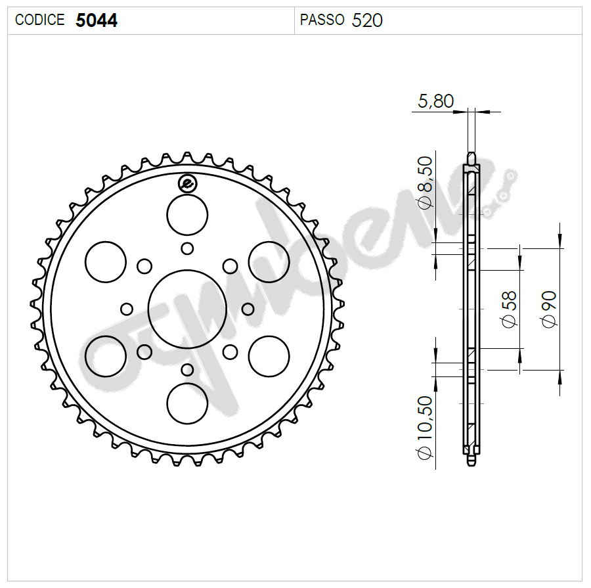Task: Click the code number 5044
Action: tap(97, 20)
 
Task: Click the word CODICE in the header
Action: tap(40, 20)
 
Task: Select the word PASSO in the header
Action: tap(322, 20)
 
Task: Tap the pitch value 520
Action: tap(367, 20)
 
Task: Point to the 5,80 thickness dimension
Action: tap(435, 101)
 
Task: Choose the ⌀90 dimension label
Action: tap(548, 309)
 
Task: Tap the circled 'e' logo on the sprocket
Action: tap(187, 184)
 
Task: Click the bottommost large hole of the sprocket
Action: tap(187, 403)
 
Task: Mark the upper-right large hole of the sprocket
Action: tap(269, 261)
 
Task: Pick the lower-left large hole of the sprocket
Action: tap(106, 356)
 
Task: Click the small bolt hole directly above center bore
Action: tap(187, 248)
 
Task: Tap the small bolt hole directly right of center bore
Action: tap(248, 309)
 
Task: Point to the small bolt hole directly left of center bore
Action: tap(127, 309)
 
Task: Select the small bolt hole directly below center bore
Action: tap(187, 369)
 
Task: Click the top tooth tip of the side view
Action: tap(471, 158)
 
